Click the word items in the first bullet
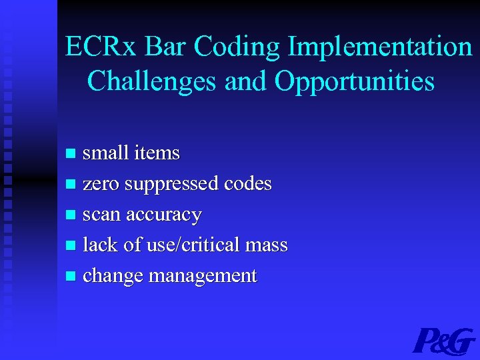tap(157, 153)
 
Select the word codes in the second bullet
tap(248, 184)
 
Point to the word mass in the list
tap(266, 246)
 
